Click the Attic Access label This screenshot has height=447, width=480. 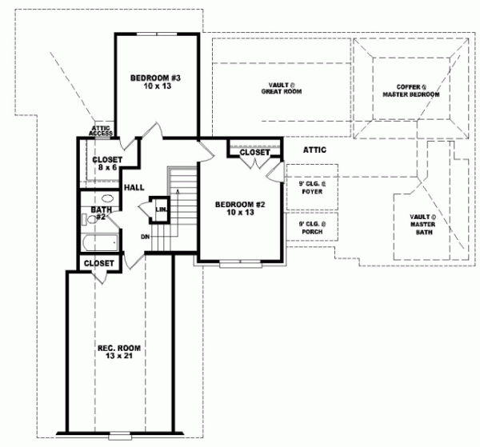click(x=101, y=130)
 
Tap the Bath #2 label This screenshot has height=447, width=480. click(x=99, y=213)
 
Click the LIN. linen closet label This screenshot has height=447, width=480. click(x=161, y=210)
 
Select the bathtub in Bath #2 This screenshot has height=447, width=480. click(x=100, y=241)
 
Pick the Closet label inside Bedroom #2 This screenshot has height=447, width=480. click(x=254, y=152)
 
